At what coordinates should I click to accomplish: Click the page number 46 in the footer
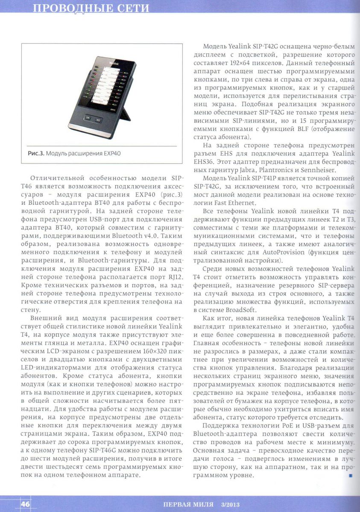pos(25,504)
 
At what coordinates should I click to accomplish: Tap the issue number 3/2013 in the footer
pos(231,505)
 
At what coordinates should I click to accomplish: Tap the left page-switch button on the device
pos(88,117)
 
